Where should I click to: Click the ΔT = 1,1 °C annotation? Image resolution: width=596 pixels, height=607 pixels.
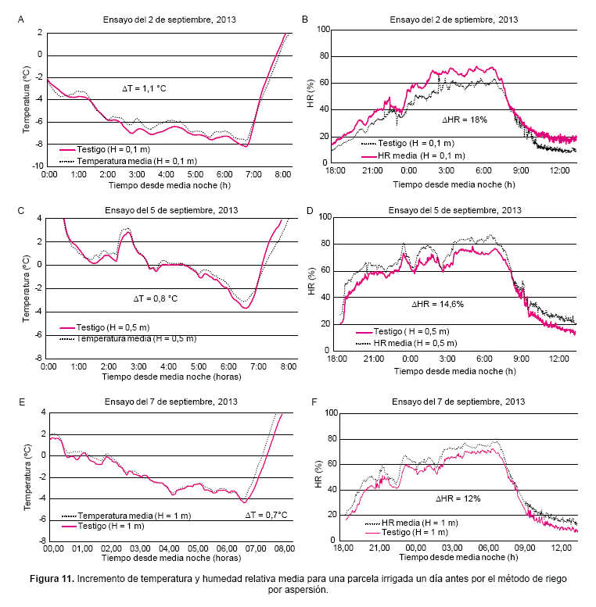(145, 88)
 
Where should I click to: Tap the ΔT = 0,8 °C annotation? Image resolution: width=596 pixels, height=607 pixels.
(155, 298)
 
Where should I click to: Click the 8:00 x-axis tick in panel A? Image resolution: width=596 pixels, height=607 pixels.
(282, 174)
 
